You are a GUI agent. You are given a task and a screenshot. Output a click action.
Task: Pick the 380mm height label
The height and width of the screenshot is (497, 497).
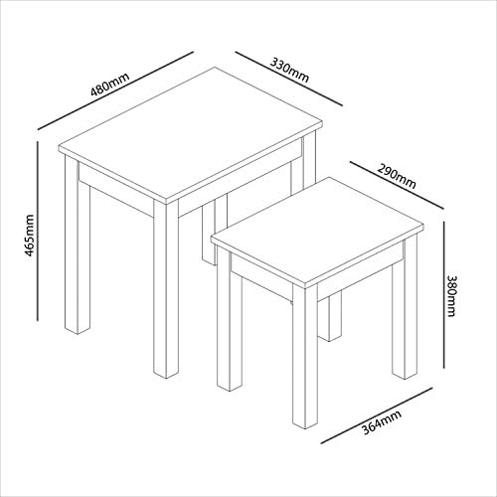pos(452,294)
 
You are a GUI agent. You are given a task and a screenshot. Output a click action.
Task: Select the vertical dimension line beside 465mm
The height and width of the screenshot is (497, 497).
pos(39,231)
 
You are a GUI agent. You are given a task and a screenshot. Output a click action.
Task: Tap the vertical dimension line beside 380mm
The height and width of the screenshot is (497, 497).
pos(440,298)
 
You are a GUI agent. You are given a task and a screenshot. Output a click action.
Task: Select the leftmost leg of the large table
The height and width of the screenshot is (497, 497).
pos(71,258)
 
